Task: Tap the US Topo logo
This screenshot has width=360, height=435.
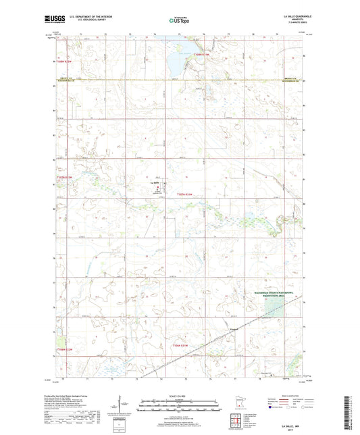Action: pos(177,20)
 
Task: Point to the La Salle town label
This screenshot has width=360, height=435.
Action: pos(153,182)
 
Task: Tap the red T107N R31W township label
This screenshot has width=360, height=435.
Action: pos(185,194)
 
